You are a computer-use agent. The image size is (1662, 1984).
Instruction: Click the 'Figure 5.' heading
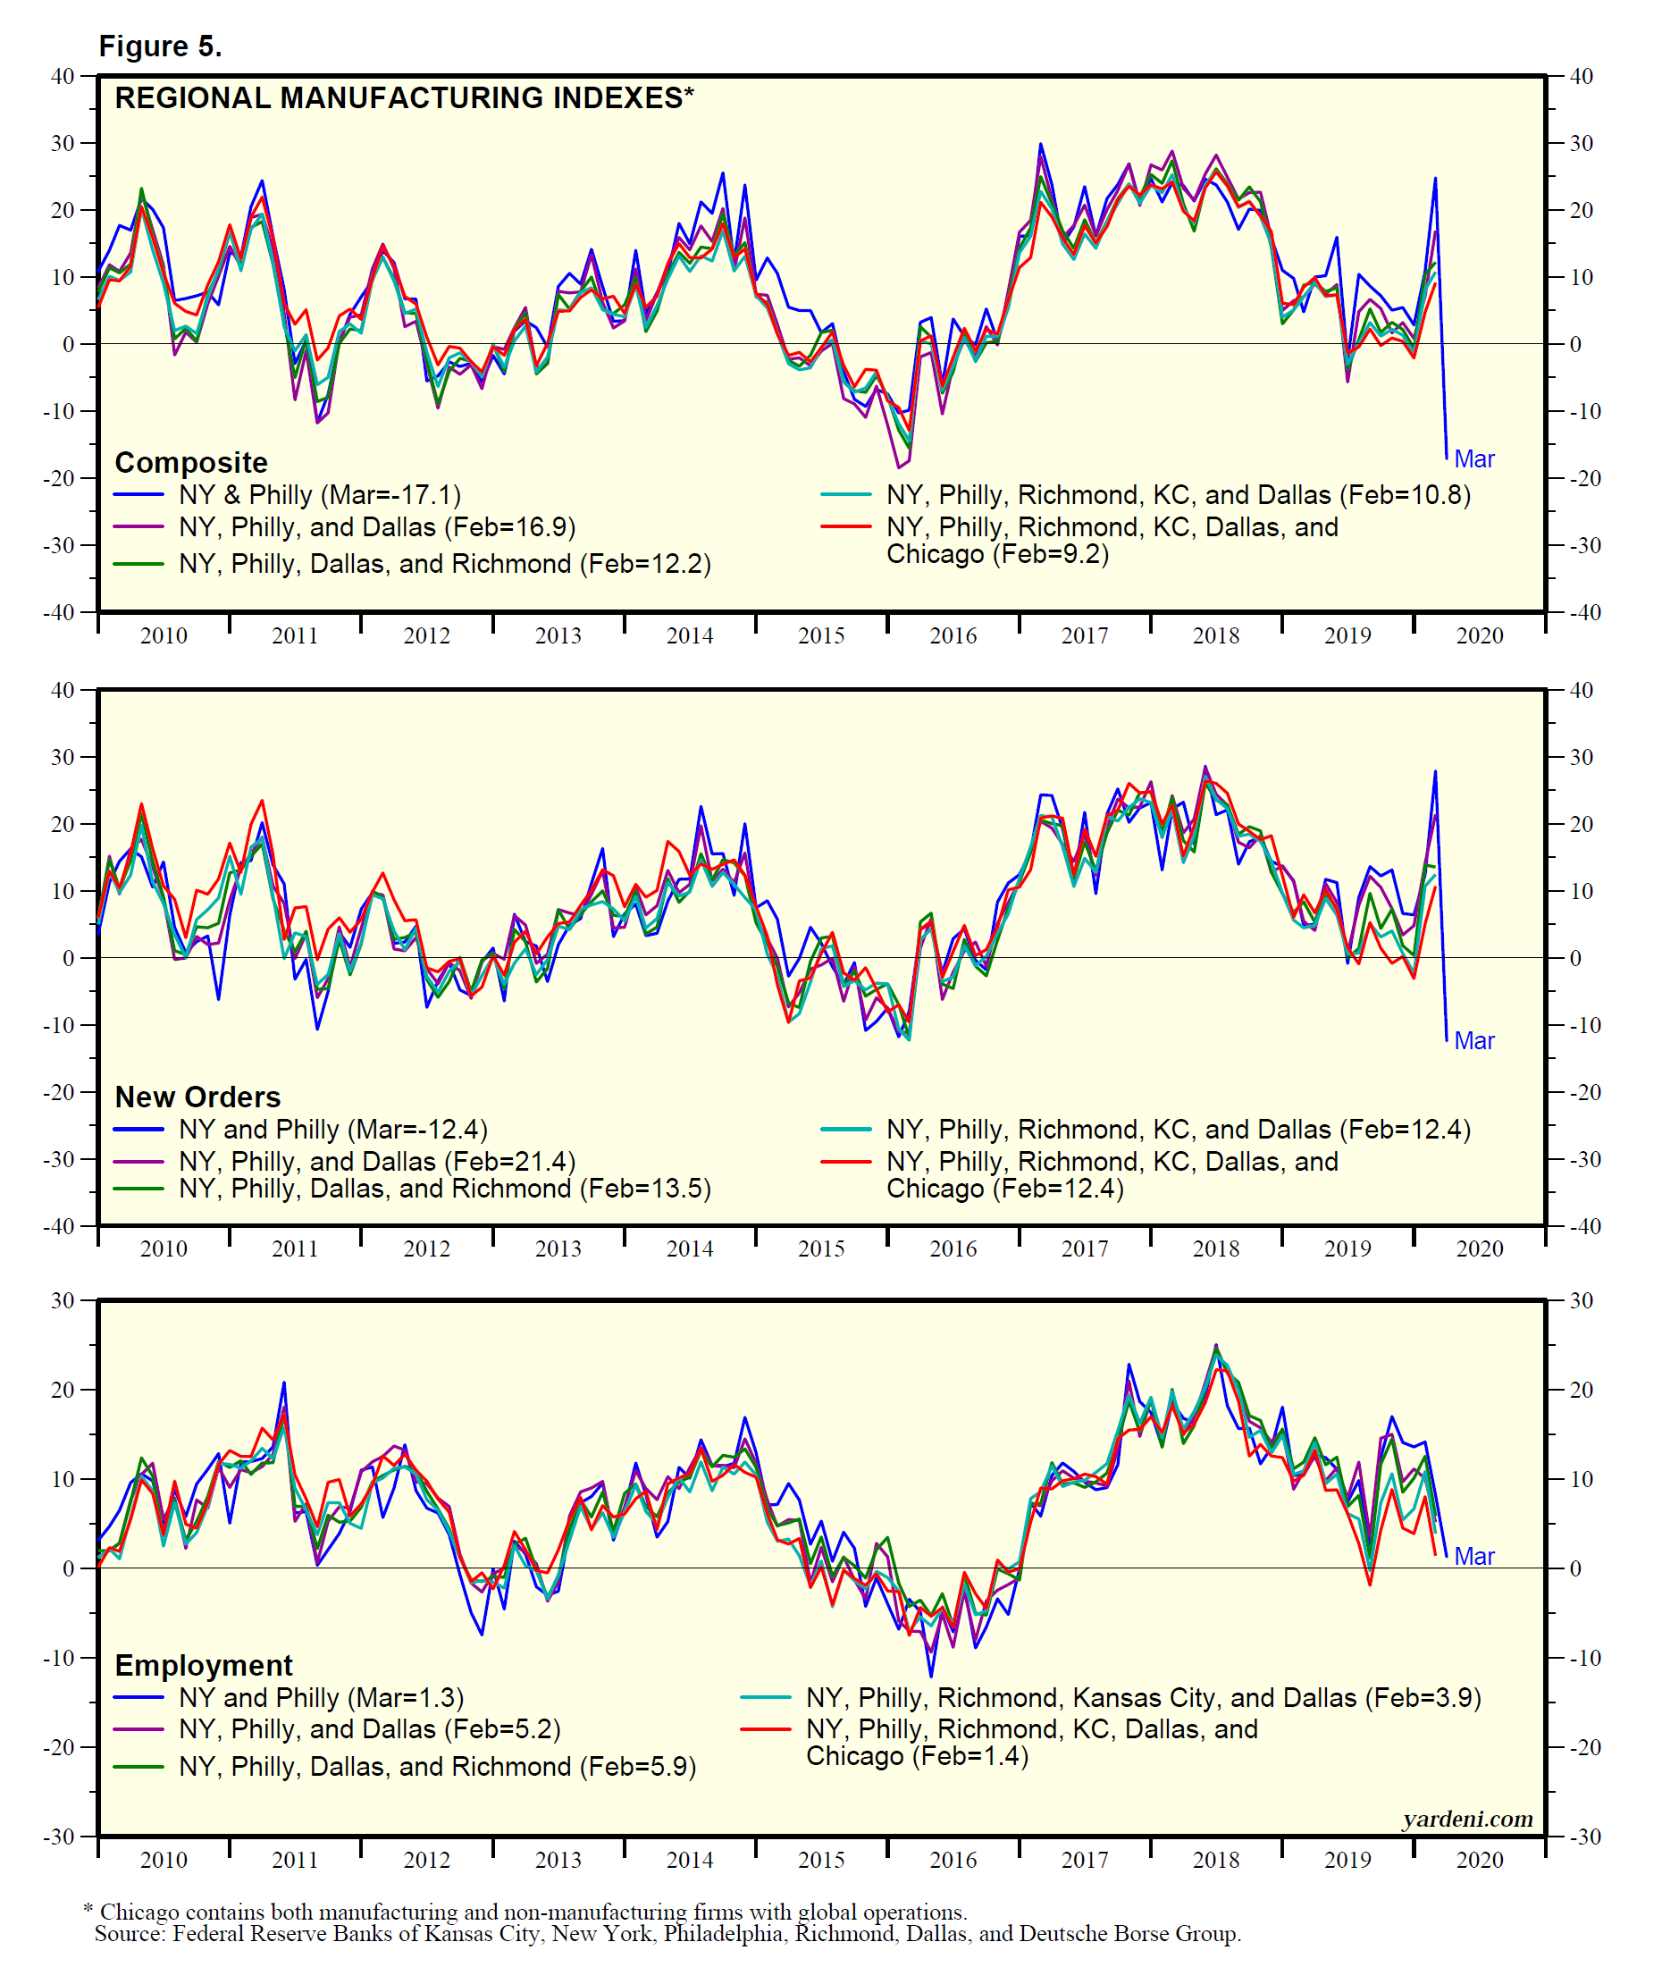click(160, 46)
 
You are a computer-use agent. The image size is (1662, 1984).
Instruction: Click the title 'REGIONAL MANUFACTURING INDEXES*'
click(404, 98)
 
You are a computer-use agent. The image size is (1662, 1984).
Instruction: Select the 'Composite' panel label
click(191, 462)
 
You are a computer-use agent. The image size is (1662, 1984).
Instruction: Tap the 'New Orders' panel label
click(197, 1097)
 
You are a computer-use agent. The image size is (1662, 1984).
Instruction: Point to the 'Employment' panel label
click(203, 1665)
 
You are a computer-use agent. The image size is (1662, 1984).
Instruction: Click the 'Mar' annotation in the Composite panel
click(1474, 459)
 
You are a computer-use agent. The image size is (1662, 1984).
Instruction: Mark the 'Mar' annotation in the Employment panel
click(1474, 1556)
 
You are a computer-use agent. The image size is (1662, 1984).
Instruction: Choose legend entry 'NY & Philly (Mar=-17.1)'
click(319, 495)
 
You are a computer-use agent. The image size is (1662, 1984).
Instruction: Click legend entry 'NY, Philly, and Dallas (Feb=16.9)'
click(376, 527)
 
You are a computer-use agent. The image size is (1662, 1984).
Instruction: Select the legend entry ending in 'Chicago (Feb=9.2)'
click(1112, 541)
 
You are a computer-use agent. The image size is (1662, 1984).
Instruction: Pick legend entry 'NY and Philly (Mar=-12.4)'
click(332, 1129)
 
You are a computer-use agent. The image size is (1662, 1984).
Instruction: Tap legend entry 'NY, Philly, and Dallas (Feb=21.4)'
click(376, 1161)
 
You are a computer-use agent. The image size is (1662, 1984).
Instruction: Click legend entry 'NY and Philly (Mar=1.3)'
click(322, 1698)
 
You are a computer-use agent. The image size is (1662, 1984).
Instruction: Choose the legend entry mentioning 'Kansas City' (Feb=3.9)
click(1142, 1698)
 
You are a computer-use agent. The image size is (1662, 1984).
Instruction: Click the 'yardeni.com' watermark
click(1466, 1819)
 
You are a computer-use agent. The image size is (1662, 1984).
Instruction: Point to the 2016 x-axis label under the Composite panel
click(953, 635)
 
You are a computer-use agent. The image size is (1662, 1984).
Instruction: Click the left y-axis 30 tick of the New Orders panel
click(63, 757)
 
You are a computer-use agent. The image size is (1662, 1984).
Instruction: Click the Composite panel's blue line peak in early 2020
click(1434, 179)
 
